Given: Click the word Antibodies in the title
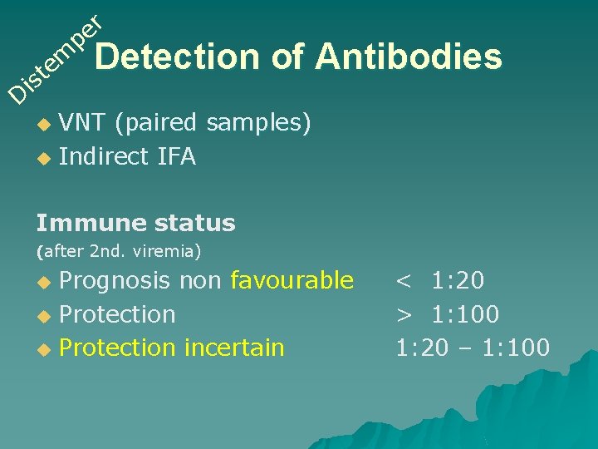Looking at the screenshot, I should pos(409,57).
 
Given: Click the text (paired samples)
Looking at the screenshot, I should pos(213,124).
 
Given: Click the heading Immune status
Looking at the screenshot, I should pos(135,223).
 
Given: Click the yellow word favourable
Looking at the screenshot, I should pos(292,281).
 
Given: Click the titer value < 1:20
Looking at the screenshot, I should pos(439,281).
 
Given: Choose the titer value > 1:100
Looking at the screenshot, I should pos(447,314).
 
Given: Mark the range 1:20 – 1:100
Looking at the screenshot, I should pos(472,348).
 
